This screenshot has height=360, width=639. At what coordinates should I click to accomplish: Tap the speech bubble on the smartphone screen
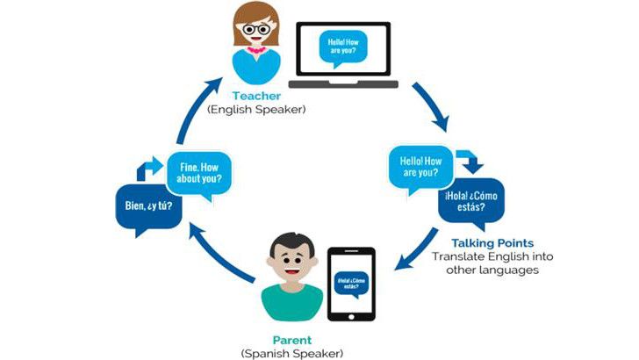pyautogui.click(x=350, y=283)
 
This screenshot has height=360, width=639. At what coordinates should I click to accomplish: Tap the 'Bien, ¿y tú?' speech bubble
pyautogui.click(x=147, y=207)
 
